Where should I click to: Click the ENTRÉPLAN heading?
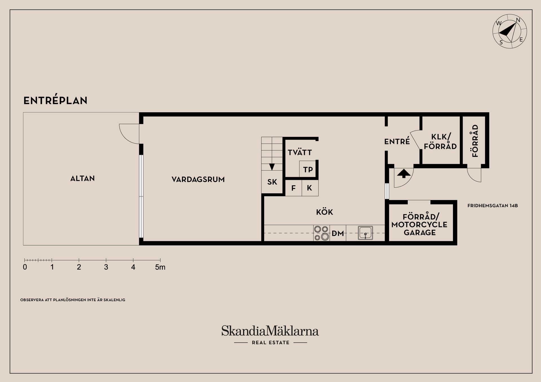coord(56,100)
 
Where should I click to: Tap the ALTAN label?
coord(82,178)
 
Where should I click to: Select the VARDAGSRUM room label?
coord(198,179)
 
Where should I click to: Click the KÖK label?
coord(324,212)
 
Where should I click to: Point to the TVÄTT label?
coord(300,153)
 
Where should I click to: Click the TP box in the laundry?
coord(308,169)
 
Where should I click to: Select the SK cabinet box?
coord(272,182)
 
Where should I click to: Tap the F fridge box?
coord(293,188)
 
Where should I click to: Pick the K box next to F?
coord(310,188)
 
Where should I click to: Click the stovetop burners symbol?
coord(322,233)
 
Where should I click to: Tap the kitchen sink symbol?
coord(365,233)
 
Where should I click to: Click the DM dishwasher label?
coord(338,233)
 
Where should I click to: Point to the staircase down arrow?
coord(272,167)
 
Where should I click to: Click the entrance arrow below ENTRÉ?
coord(404,173)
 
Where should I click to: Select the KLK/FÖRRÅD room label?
coord(440,142)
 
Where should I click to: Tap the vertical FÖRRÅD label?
coord(475,141)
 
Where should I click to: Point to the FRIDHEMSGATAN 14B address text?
coord(492,206)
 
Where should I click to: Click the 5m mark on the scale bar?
coord(160,267)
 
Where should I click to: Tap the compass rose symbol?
coord(509,31)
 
